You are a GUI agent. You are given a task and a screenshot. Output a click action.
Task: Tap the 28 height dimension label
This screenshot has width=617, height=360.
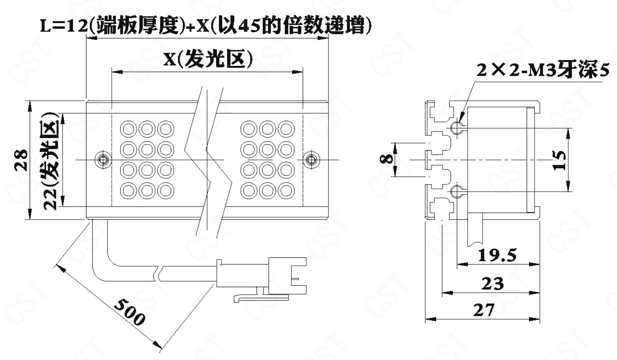[x=22, y=160]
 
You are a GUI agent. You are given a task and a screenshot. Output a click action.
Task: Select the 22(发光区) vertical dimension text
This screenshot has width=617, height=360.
[x=51, y=161]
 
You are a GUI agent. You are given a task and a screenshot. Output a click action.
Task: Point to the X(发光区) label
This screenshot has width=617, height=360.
[x=208, y=59]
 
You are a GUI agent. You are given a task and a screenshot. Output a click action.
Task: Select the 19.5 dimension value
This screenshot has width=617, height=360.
[x=497, y=255]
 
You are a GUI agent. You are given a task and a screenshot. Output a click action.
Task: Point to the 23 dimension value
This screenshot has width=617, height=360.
[x=493, y=284]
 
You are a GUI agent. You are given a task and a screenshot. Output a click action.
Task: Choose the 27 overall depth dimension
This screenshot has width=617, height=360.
[x=484, y=310]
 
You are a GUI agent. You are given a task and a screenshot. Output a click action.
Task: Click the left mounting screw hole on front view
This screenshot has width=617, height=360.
[x=103, y=160]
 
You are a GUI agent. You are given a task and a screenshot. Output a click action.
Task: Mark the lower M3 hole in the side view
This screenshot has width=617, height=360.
[x=456, y=192]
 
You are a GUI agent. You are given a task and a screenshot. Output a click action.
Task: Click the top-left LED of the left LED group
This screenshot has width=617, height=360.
[x=128, y=129]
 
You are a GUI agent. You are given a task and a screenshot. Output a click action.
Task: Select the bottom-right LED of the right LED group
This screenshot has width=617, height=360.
[x=286, y=191]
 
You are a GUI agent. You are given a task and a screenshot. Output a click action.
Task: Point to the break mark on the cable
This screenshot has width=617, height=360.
[x=159, y=273]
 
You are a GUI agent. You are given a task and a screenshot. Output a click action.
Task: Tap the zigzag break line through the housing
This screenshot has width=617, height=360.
[x=207, y=158]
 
